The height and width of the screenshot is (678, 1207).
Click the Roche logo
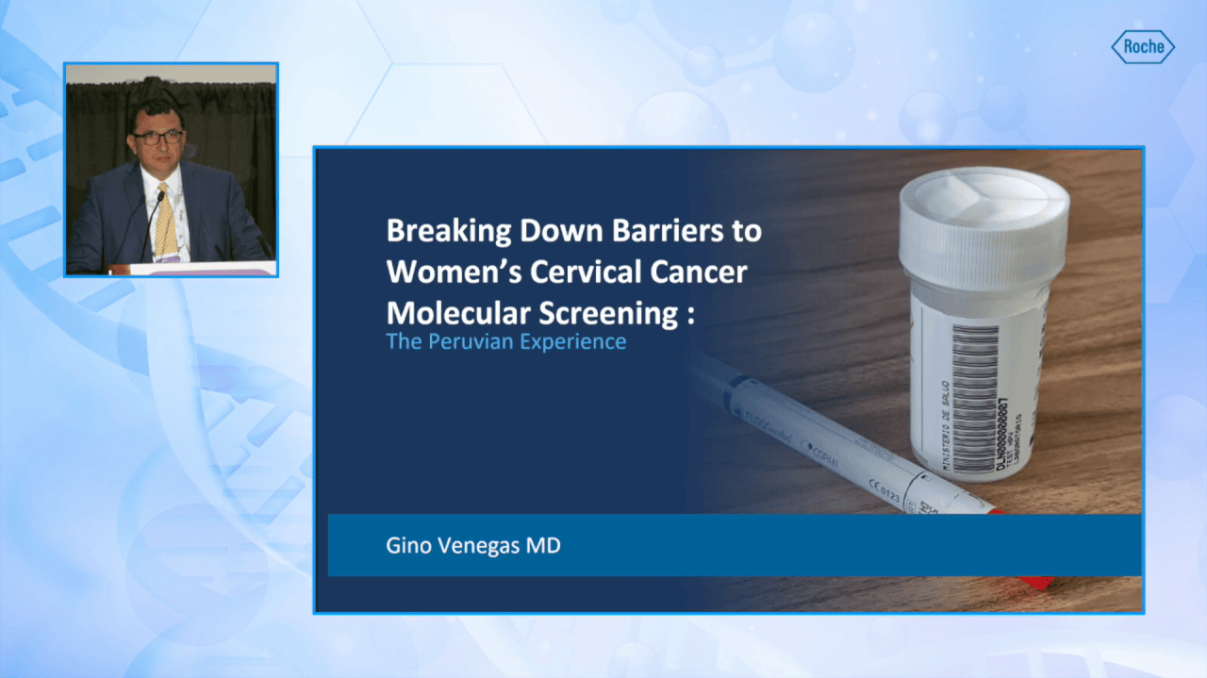coord(1142,47)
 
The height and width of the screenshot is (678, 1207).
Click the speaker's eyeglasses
coord(157,137)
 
